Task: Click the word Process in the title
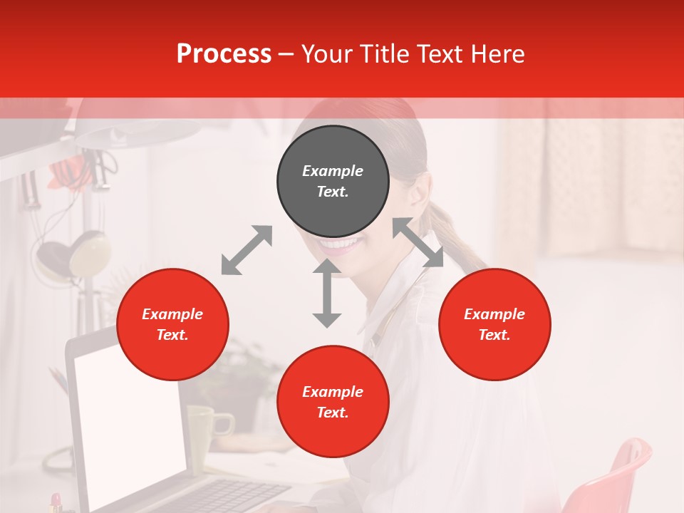224,54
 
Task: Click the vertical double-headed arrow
327,294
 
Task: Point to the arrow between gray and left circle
247,250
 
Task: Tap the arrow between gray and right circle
418,242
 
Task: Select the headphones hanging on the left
75,256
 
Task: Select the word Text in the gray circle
333,192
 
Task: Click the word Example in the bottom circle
333,392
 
